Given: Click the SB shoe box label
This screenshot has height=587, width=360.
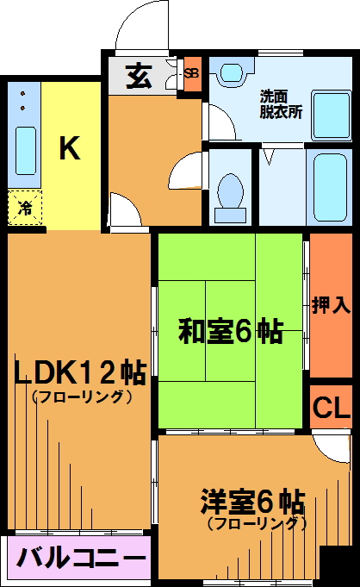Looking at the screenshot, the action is click(191, 73).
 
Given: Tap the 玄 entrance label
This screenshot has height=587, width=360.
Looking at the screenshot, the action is click(139, 77).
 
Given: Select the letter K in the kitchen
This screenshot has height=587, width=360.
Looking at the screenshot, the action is click(70, 148).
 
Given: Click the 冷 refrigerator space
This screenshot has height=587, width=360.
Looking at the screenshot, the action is click(25, 208).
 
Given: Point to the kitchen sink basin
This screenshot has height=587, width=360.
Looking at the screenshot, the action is click(26, 151).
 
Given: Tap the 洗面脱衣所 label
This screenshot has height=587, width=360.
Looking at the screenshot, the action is click(281, 104).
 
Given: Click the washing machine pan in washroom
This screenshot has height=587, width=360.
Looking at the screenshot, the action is click(332, 116).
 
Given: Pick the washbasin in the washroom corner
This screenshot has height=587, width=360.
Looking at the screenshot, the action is click(233, 72).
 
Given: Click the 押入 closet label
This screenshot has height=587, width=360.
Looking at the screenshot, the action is click(332, 305).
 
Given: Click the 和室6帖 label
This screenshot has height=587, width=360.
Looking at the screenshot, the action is click(230, 331).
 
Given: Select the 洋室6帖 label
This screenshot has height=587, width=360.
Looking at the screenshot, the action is click(252, 502).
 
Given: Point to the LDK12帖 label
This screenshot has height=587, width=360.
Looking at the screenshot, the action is click(80, 372).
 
